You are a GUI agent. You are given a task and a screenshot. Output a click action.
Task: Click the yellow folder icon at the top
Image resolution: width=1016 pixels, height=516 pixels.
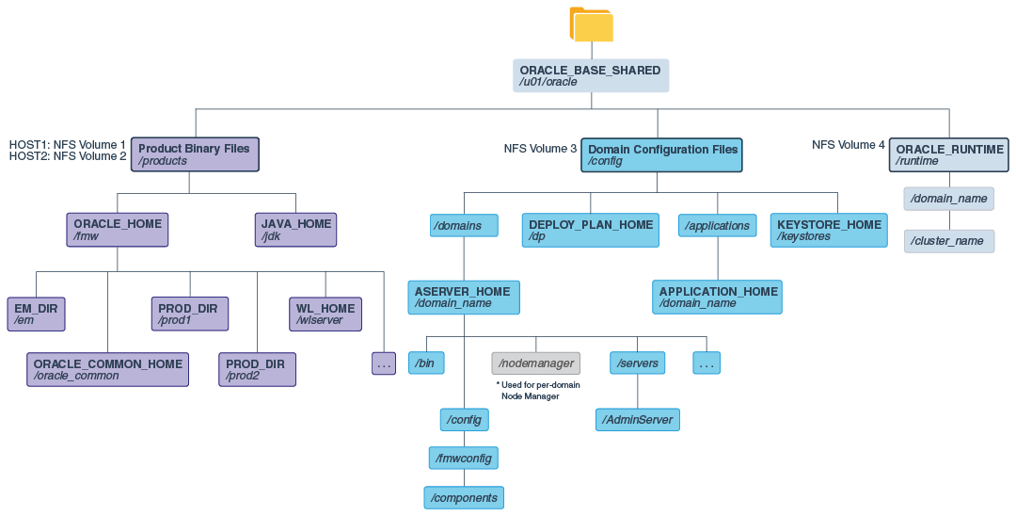(x=591, y=24)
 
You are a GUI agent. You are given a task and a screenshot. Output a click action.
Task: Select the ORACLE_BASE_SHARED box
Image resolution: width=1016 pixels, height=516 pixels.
(x=591, y=75)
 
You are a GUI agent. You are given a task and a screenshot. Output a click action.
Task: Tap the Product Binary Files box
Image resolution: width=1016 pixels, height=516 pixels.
(x=194, y=154)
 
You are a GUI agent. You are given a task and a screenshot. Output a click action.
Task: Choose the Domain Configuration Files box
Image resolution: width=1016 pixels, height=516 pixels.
(x=662, y=154)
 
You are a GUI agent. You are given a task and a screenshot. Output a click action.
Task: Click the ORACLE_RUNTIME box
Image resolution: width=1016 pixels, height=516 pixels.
(x=948, y=154)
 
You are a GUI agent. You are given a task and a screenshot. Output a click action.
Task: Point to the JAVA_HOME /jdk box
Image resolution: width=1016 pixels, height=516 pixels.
(x=295, y=230)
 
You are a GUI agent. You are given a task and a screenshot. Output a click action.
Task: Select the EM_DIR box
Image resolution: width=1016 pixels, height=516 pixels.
(x=36, y=314)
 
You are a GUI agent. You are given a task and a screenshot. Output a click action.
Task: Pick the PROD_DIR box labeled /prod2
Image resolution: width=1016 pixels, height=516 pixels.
(x=257, y=369)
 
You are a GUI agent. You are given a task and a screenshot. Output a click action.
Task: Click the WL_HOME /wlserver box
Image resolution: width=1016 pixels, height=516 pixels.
(x=325, y=314)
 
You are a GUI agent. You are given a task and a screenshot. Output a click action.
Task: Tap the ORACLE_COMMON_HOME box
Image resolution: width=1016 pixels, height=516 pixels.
(x=107, y=369)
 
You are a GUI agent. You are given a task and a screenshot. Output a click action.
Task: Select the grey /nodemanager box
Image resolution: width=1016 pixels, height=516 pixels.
(x=536, y=363)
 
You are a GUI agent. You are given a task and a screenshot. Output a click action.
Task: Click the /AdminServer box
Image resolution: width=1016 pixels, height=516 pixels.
(x=638, y=419)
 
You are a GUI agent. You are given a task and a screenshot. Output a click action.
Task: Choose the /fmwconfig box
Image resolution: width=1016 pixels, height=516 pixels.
(x=463, y=458)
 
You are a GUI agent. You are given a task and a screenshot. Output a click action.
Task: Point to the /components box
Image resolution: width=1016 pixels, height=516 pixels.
(x=464, y=496)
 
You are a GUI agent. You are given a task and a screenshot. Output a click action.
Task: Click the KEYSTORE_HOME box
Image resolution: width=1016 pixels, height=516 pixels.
(x=829, y=230)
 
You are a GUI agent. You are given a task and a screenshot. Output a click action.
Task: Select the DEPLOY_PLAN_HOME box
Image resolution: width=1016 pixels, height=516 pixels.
(x=591, y=230)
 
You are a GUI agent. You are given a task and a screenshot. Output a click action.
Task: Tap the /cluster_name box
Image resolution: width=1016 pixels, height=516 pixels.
(x=948, y=240)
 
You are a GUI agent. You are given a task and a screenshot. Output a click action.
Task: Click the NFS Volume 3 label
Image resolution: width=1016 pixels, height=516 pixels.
(x=540, y=149)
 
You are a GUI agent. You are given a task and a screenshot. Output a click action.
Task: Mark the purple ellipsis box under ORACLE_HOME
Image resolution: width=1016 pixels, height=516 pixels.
(x=384, y=363)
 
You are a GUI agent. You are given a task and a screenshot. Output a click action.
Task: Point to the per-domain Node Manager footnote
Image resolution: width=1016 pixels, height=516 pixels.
(x=538, y=390)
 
